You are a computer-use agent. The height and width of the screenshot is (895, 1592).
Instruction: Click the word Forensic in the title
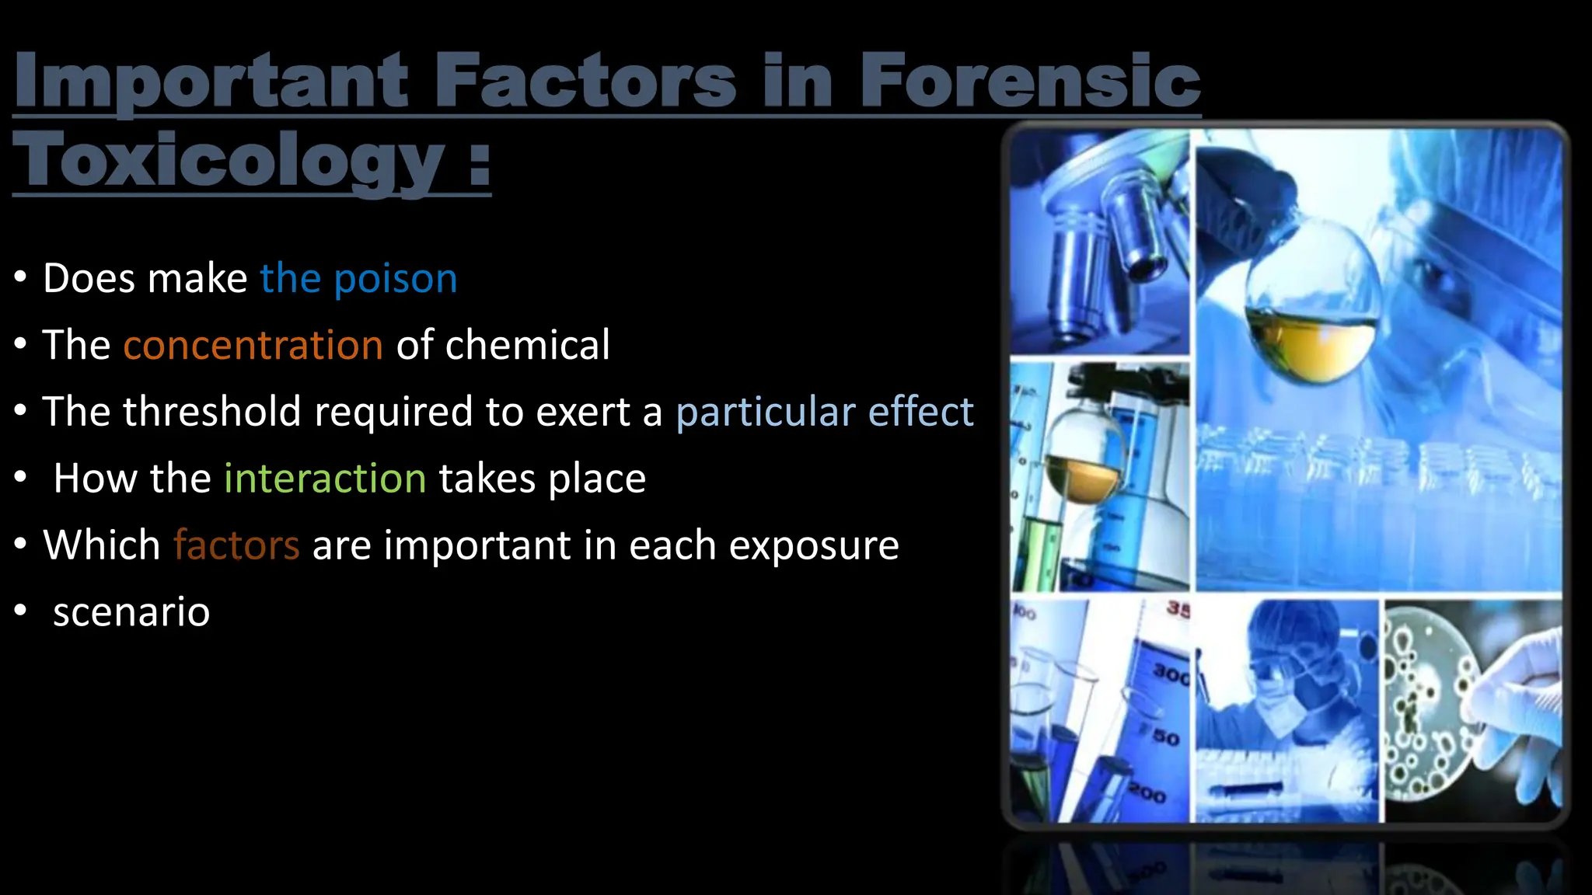tap(1030, 80)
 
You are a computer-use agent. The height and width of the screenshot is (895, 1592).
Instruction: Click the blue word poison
tap(395, 279)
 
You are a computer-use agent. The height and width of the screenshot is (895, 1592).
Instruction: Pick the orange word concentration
tap(253, 346)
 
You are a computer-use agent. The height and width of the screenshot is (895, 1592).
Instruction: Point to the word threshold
tap(211, 412)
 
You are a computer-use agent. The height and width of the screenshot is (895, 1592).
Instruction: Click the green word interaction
tap(325, 479)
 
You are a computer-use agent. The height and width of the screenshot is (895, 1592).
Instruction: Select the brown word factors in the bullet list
tap(236, 545)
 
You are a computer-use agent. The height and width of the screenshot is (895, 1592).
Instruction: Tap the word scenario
tap(131, 612)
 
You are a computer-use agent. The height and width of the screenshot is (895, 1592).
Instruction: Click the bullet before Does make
tap(21, 277)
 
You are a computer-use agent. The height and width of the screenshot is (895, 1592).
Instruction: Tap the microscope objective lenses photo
tap(1099, 241)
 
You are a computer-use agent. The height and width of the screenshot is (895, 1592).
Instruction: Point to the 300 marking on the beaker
tap(1170, 673)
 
